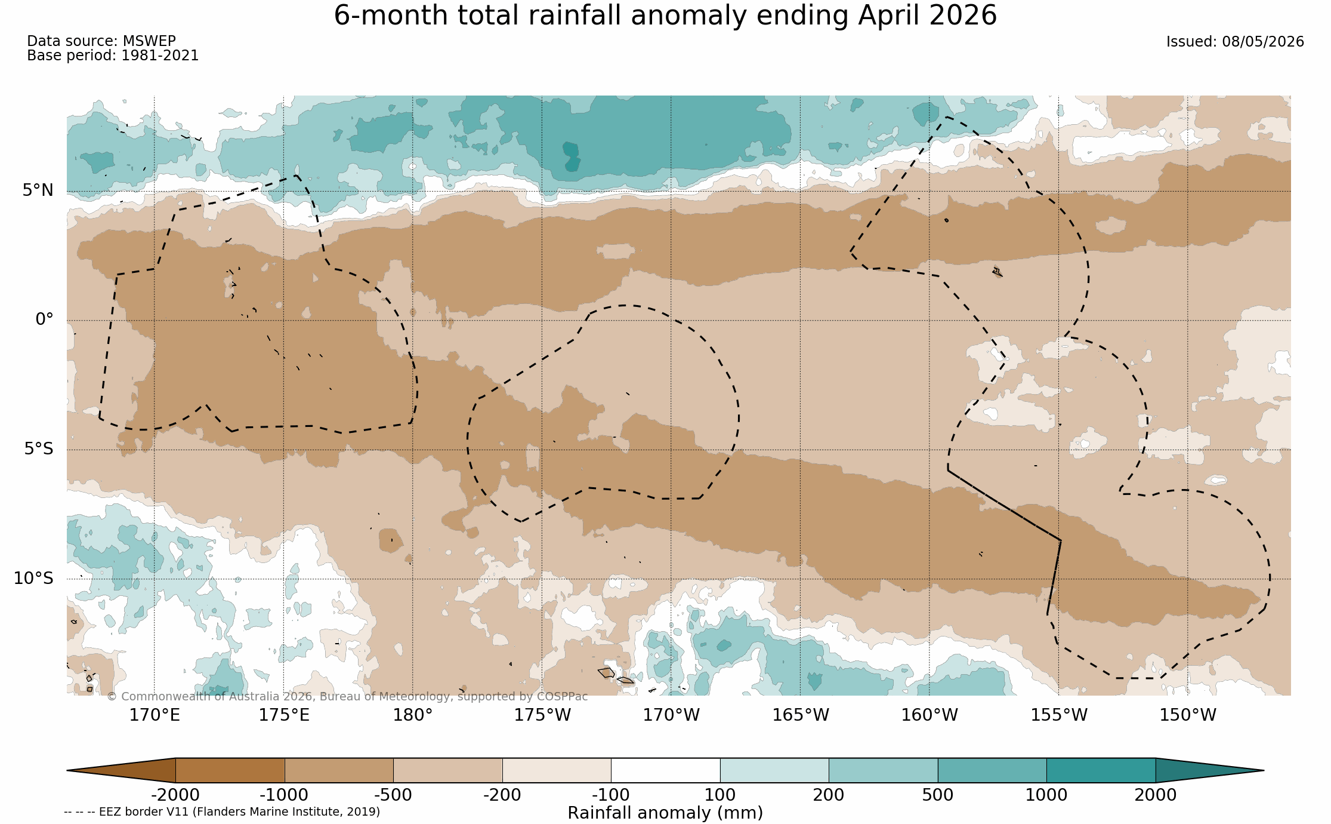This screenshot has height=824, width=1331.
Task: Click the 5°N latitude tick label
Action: click(x=38, y=190)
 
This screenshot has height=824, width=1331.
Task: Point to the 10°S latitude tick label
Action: click(x=34, y=579)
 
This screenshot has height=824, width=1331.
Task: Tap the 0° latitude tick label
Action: click(x=45, y=319)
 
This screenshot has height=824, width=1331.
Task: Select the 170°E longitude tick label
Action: click(x=155, y=715)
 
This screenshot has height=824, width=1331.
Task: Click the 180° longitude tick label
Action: click(x=412, y=715)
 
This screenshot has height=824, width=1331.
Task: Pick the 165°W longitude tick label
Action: click(x=801, y=715)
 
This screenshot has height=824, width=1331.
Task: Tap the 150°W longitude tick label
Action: click(x=1188, y=715)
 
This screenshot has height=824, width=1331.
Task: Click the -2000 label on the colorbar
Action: click(x=175, y=795)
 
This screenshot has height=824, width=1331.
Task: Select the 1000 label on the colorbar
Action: click(x=1046, y=795)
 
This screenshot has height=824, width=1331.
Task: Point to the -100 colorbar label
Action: click(x=611, y=795)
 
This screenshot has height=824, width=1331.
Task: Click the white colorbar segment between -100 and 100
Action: click(x=665, y=770)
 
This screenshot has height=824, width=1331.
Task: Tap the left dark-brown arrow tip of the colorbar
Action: click(x=67, y=770)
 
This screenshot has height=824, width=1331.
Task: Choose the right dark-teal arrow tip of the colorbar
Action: click(x=1263, y=770)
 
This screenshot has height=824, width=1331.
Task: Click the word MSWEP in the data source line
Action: click(x=149, y=41)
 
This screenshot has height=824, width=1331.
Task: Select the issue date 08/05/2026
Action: click(x=1263, y=42)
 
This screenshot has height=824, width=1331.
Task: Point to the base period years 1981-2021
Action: click(x=160, y=56)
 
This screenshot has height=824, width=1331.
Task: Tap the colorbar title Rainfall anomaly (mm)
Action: click(x=665, y=813)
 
